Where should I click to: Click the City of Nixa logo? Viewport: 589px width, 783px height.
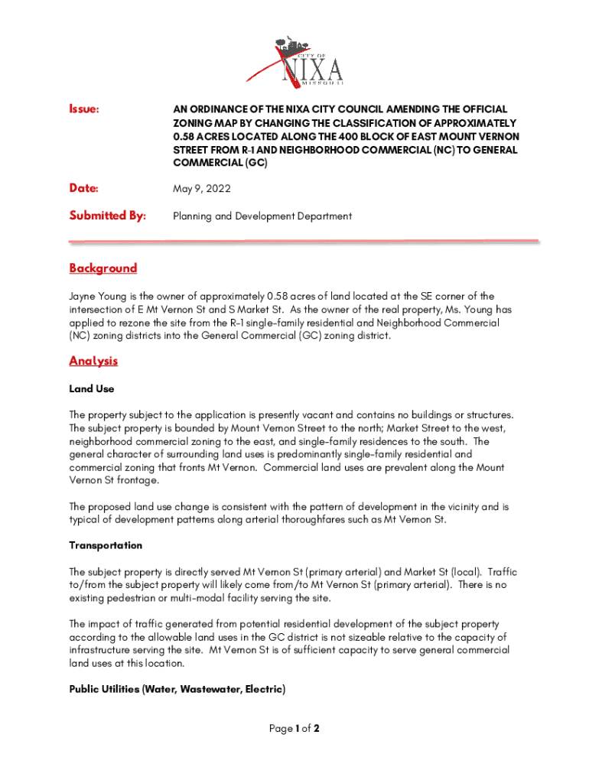coord(294,60)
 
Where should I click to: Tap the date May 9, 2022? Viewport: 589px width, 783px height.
coord(201,188)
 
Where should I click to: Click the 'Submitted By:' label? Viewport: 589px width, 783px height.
coord(107,216)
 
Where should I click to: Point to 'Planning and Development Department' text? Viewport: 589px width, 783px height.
coord(262,216)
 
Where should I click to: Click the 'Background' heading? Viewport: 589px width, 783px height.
coord(103,268)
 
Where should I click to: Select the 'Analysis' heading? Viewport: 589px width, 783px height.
coord(93,360)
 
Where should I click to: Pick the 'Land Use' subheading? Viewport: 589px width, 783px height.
coord(92,388)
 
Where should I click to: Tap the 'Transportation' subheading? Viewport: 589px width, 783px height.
coord(106,545)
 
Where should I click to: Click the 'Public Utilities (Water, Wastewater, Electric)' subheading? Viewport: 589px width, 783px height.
coord(177,689)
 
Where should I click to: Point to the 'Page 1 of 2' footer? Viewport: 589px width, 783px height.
coord(294,729)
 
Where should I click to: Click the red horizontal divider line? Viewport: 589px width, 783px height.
coord(304,242)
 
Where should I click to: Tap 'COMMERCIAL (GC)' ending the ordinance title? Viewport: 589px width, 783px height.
coord(220,164)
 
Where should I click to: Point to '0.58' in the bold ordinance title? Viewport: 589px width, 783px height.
coord(184,137)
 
